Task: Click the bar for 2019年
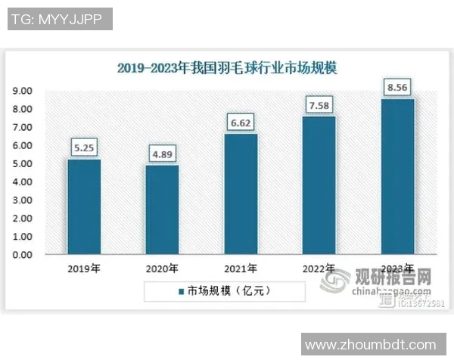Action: click(83, 207)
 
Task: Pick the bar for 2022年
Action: click(319, 186)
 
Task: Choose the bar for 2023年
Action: click(398, 177)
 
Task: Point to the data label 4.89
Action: click(162, 154)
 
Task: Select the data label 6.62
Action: click(241, 123)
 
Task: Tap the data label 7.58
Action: click(319, 104)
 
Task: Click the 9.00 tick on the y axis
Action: click(21, 91)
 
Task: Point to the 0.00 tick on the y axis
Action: click(21, 255)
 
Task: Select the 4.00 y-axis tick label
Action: click(21, 182)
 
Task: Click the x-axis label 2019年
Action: click(83, 268)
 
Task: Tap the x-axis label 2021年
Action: click(241, 268)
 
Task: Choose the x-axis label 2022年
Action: click(319, 268)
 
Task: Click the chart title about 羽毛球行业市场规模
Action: click(227, 68)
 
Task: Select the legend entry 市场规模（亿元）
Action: click(225, 290)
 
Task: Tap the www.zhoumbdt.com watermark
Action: click(370, 345)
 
